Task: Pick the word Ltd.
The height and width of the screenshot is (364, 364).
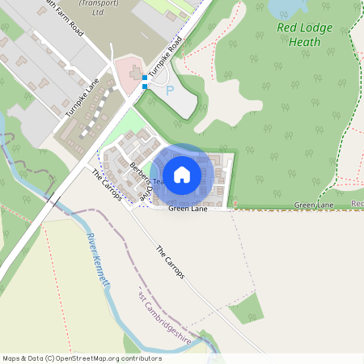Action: coord(99,14)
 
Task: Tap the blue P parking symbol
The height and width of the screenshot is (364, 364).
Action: coord(170,91)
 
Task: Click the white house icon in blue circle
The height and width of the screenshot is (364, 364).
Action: coord(182,175)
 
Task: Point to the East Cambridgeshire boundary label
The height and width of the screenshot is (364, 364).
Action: coord(166,321)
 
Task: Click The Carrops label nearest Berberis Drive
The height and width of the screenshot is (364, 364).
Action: coord(106,184)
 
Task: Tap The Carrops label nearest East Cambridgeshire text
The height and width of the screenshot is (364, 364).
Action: coord(170,262)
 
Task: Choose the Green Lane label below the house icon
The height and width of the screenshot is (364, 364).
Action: coord(188,210)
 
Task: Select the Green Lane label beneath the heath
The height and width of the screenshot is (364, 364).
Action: coord(314,205)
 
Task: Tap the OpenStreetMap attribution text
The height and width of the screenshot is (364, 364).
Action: coord(82,358)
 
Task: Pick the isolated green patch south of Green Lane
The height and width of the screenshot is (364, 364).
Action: coord(247,309)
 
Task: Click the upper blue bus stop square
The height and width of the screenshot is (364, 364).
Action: coord(144,78)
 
